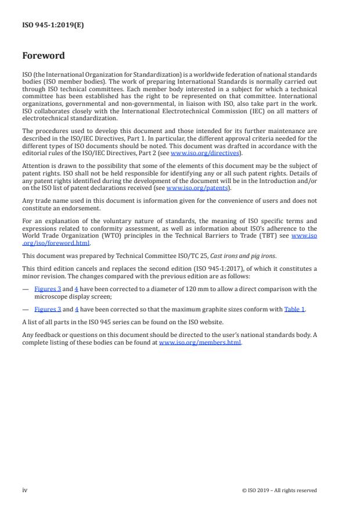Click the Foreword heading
(44, 56)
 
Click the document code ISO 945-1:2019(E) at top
(53, 25)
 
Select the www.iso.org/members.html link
(200, 343)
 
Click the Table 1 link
(294, 309)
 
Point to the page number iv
(25, 490)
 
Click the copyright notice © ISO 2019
(279, 490)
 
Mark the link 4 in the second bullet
(77, 309)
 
